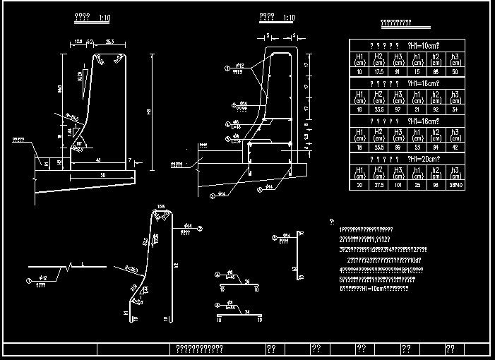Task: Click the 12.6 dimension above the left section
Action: coord(78,42)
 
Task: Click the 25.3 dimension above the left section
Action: coord(109,42)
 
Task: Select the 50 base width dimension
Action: coord(102,174)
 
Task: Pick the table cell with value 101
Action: coord(399,185)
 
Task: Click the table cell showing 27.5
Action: coord(378,185)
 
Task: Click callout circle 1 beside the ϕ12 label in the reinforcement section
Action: coord(227,68)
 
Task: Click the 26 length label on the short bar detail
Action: coord(247,281)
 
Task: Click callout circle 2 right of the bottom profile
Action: coord(200,229)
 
